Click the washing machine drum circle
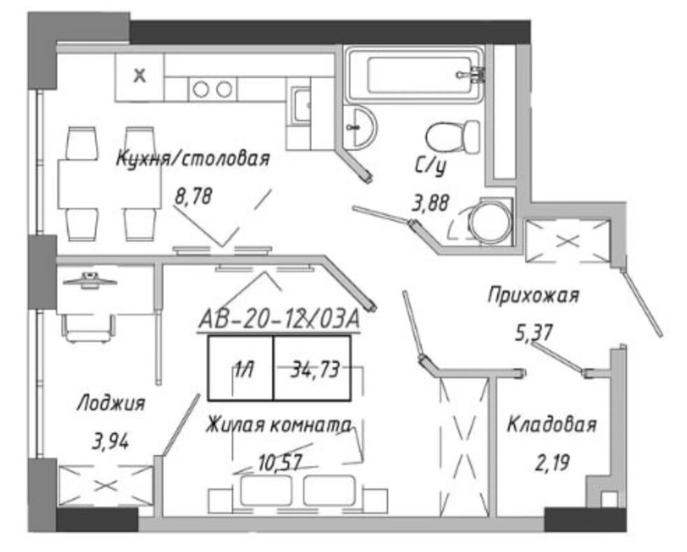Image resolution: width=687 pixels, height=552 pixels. coord(490,222)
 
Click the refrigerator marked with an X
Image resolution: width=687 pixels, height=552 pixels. coord(140,77)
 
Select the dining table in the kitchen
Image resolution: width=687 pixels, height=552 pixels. coord(109,184)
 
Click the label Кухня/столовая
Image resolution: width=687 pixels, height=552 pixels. coord(193,159)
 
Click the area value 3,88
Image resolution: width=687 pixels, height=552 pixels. coord(431,203)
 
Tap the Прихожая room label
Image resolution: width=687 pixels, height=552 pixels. coord(533,295)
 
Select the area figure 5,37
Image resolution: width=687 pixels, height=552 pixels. coord(533,333)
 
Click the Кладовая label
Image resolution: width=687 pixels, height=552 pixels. coord(552,425)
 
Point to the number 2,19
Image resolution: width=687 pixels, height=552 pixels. coord(552,462)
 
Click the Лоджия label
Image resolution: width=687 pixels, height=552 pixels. coord(111,403)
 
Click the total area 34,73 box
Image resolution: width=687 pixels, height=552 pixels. coord(312,368)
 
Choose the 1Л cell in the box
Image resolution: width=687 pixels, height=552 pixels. coord(241,368)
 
